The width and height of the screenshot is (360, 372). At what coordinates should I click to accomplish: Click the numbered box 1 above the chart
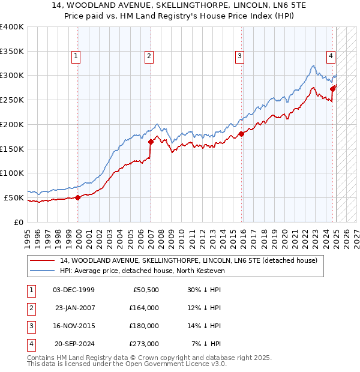pyautogui.click(x=77, y=57)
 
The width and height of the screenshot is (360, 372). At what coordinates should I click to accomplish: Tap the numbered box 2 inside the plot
pyautogui.click(x=148, y=57)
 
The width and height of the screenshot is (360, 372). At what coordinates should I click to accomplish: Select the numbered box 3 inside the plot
pyautogui.click(x=239, y=57)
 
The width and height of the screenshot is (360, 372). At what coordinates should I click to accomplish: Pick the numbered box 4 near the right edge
pyautogui.click(x=331, y=57)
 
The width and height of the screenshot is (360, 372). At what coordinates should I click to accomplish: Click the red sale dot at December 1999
pyautogui.click(x=78, y=197)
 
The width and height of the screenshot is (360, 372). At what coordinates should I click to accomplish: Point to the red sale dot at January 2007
pyautogui.click(x=151, y=142)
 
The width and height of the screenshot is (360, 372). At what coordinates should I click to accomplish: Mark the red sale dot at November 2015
pyautogui.click(x=241, y=134)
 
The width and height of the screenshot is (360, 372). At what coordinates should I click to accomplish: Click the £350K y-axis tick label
pyautogui.click(x=12, y=52)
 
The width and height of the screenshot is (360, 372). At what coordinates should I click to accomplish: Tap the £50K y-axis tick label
pyautogui.click(x=14, y=197)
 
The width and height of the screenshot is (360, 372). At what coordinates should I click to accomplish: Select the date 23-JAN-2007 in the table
pyautogui.click(x=75, y=308)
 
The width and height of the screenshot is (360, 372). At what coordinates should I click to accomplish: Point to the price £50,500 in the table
pyautogui.click(x=145, y=290)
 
